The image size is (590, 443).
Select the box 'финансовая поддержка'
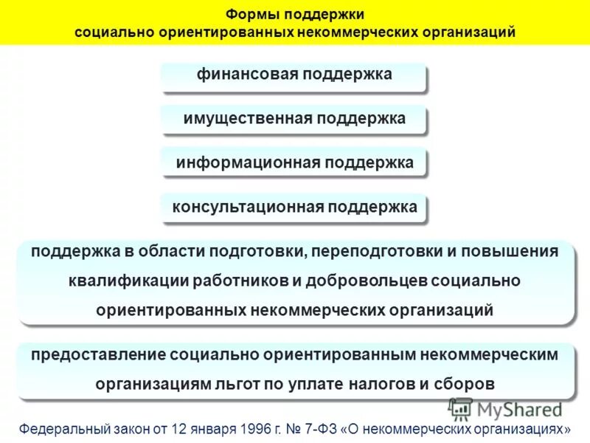[x=294, y=76]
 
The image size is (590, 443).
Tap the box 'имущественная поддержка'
[x=294, y=119]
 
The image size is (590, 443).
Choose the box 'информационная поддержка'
[x=294, y=162]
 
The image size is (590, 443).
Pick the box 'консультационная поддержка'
[x=294, y=207]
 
